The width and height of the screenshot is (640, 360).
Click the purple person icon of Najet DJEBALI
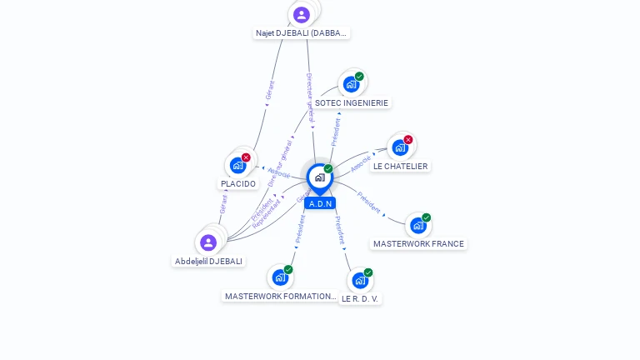click(302, 15)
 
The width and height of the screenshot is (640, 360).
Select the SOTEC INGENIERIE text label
click(351, 103)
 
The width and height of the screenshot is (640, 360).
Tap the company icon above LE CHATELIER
click(400, 148)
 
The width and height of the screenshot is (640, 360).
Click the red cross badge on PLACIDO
click(246, 157)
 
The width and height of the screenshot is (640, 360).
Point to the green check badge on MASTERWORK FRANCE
click(426, 217)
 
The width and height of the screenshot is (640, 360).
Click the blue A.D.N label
click(320, 203)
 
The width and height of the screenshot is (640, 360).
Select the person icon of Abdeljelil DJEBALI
click(208, 242)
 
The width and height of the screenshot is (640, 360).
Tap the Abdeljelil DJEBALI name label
click(208, 261)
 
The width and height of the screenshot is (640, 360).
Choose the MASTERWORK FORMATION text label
click(281, 296)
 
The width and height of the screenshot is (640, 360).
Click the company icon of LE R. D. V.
click(360, 281)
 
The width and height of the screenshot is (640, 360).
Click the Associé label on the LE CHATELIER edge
click(361, 163)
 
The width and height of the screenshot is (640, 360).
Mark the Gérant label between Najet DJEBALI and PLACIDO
click(269, 90)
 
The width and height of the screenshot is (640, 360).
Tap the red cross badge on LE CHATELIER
click(407, 140)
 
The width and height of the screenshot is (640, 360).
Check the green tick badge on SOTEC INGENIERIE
click(359, 77)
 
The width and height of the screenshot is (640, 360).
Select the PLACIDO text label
click(238, 183)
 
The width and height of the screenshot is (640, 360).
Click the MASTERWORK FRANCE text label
click(418, 244)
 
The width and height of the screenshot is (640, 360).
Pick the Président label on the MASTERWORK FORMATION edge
click(300, 227)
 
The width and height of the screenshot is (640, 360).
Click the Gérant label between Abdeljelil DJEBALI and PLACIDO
click(223, 203)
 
